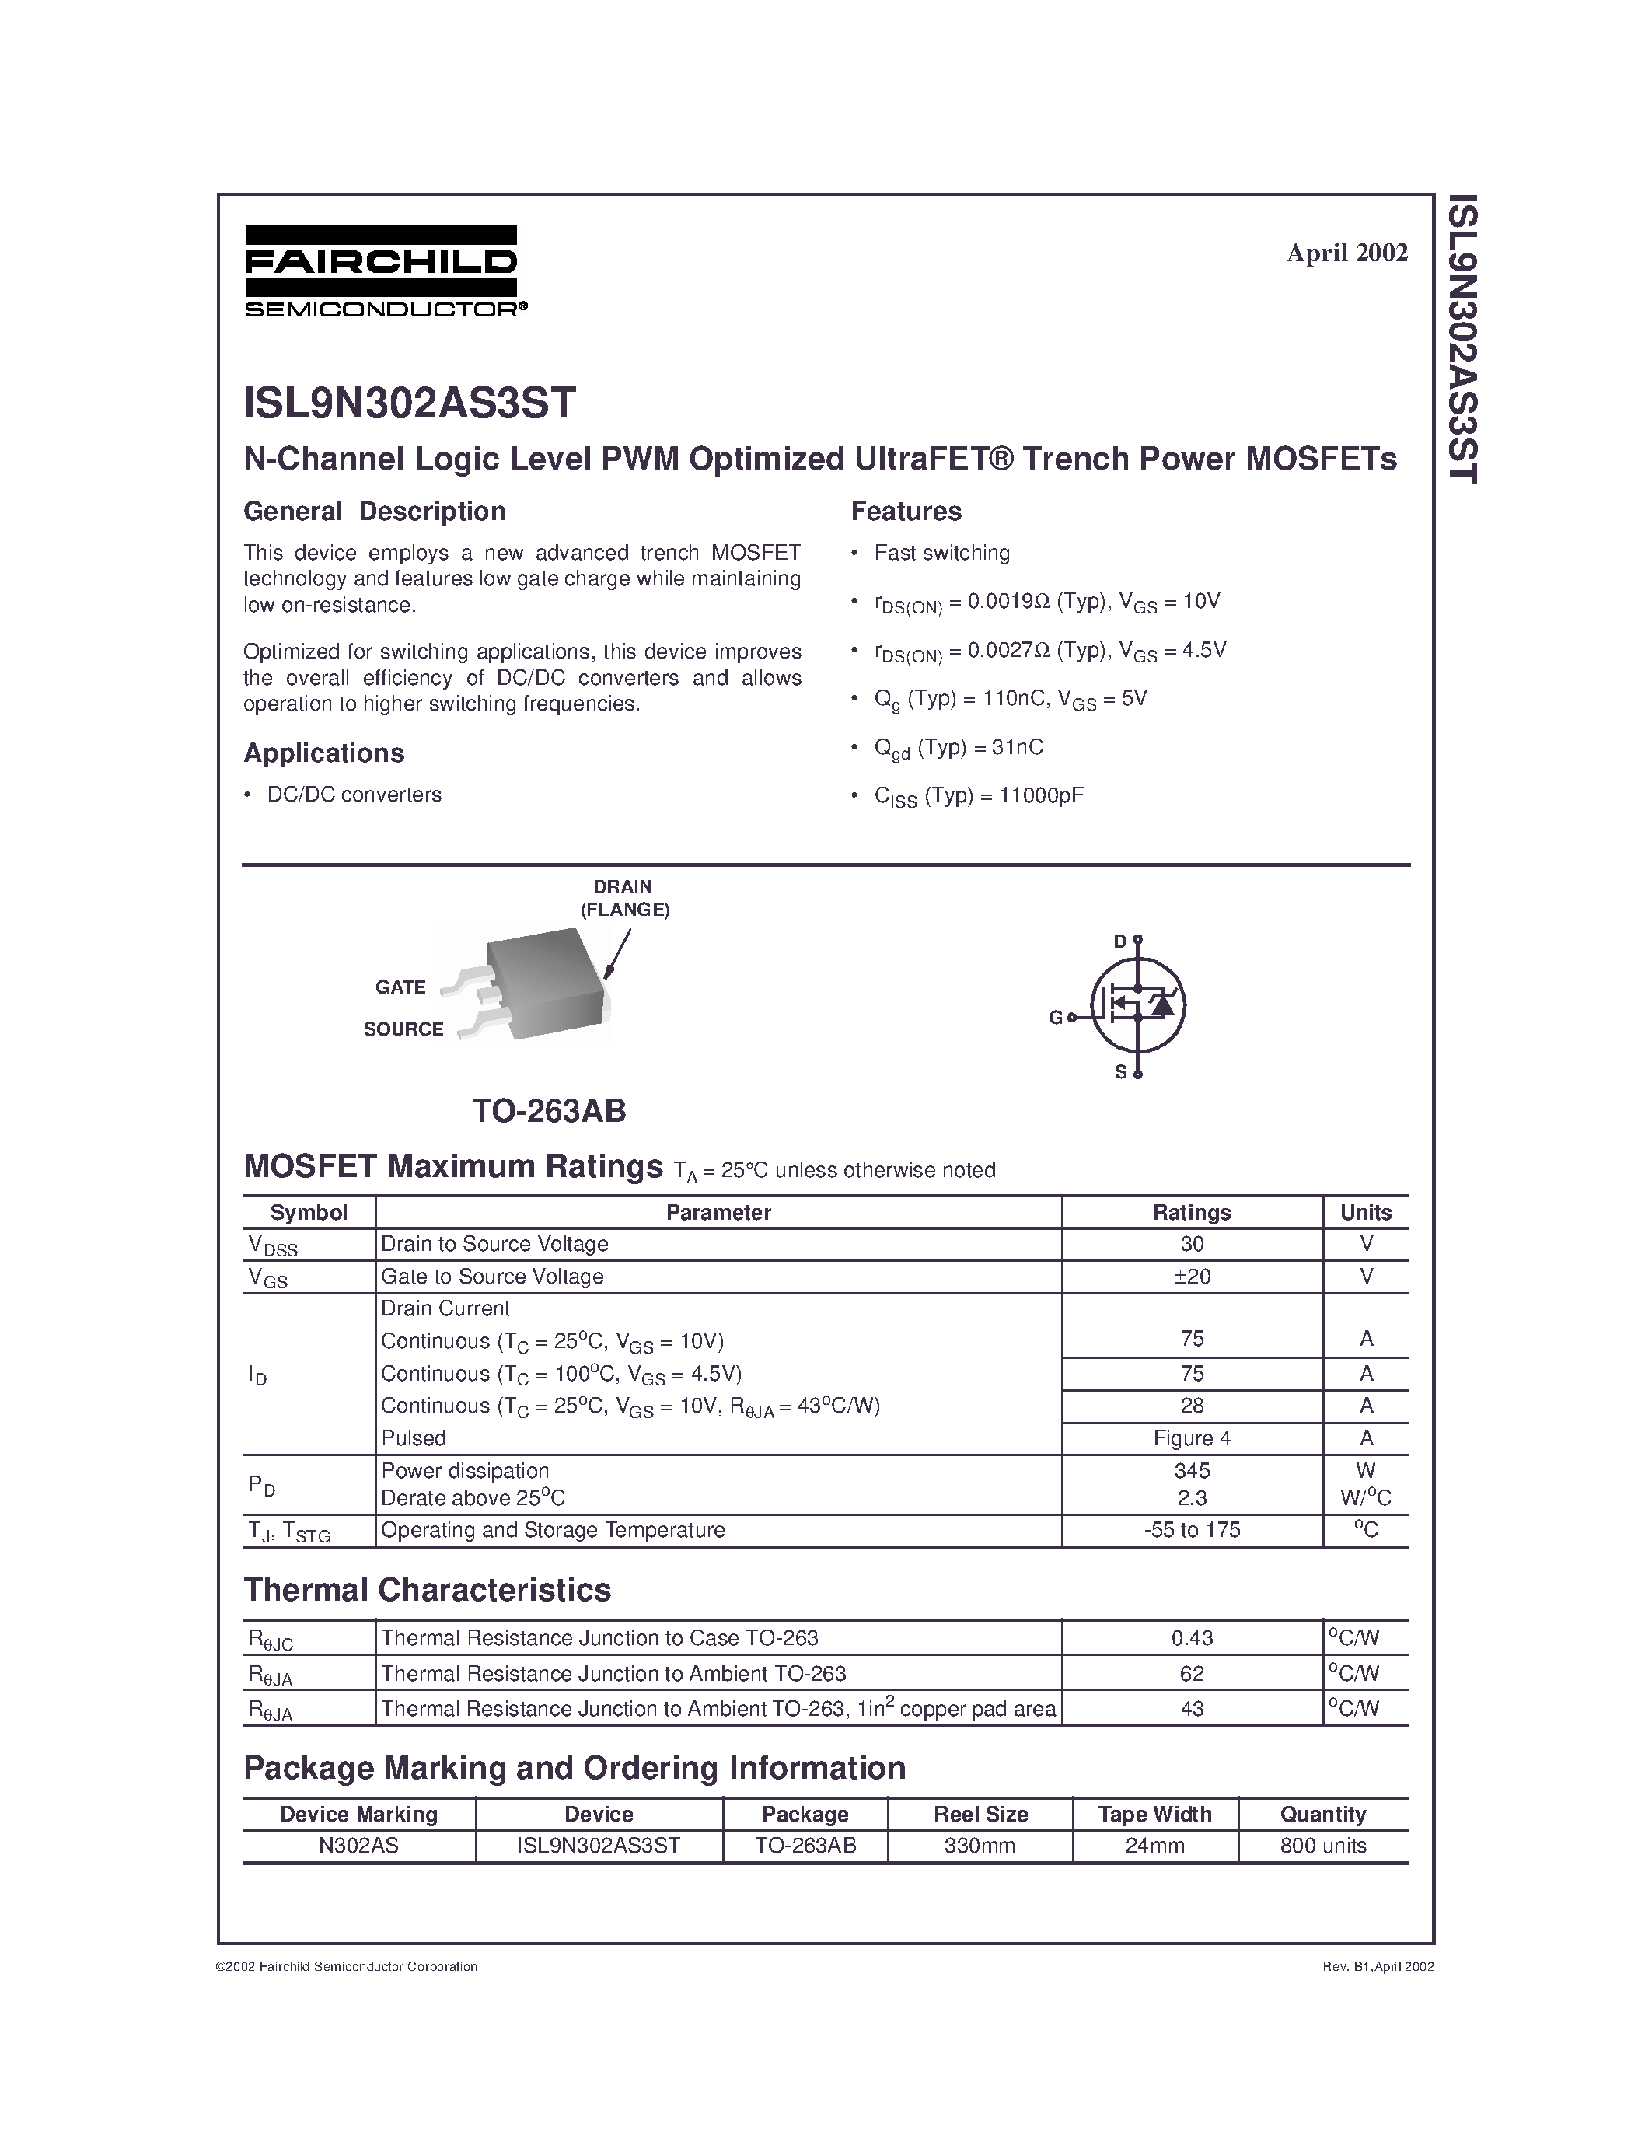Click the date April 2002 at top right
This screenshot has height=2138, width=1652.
point(1346,253)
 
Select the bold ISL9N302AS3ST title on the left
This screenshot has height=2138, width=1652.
point(409,403)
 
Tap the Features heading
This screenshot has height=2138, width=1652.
point(905,511)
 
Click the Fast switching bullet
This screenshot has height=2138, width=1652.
point(941,553)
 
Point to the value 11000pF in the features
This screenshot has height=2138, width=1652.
point(1040,795)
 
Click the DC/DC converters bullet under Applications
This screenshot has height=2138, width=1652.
point(354,795)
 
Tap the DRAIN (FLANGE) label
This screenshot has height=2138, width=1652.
point(623,898)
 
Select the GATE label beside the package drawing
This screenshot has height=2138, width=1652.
point(400,987)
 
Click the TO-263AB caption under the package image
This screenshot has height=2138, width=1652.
point(548,1110)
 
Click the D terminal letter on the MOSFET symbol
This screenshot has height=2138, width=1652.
point(1120,941)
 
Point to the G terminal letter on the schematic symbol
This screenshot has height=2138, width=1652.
point(1055,1017)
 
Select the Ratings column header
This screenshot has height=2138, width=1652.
point(1191,1212)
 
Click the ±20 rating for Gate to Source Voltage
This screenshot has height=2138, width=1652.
point(1191,1277)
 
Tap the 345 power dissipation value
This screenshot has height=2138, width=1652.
point(1191,1470)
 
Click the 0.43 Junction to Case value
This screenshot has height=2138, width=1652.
point(1191,1638)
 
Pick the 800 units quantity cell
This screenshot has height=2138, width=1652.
point(1322,1846)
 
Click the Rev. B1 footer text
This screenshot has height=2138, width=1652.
point(1377,1965)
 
